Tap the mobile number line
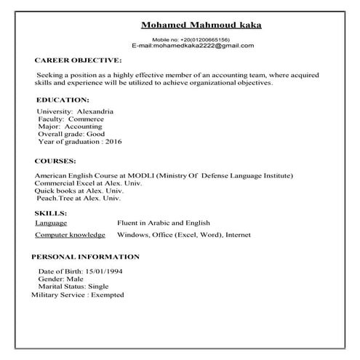point(201,39)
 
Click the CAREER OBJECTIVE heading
point(79,61)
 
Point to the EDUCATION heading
point(63,99)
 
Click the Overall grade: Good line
point(71,135)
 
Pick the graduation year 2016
point(113,143)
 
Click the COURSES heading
point(55,161)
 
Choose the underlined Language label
point(51,223)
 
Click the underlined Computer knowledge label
point(70,236)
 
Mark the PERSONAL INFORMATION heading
point(85,257)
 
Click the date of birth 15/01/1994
point(105,271)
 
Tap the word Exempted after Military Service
point(108,295)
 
